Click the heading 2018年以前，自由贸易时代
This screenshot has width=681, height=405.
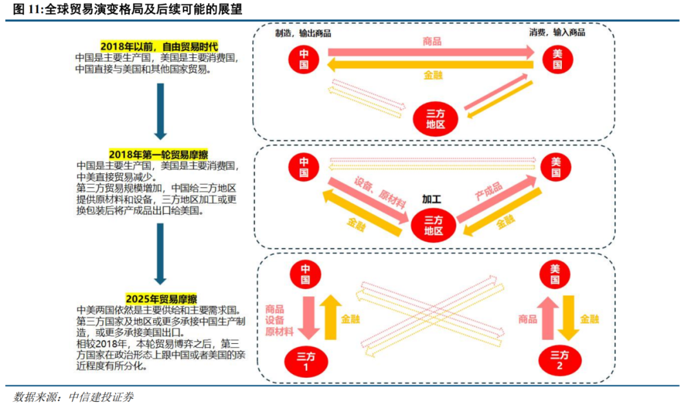pyautogui.click(x=159, y=47)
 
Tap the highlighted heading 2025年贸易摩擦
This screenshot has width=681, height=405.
pyautogui.click(x=159, y=298)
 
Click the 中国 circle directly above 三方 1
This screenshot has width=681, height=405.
pyautogui.click(x=305, y=275)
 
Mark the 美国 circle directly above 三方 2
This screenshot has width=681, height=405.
pyautogui.click(x=556, y=275)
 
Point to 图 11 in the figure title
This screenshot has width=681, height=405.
pyautogui.click(x=26, y=10)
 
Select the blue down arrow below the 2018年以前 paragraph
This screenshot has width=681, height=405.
pyautogui.click(x=160, y=110)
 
